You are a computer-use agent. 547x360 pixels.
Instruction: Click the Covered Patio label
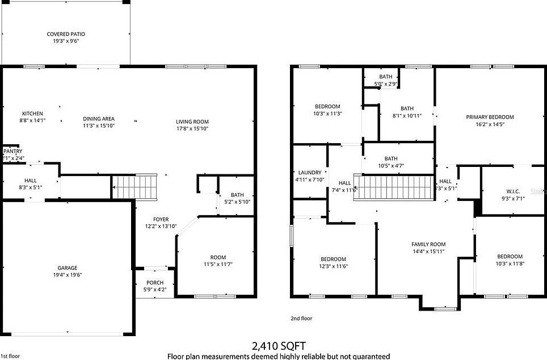point(66,34)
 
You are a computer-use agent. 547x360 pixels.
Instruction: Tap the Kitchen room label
point(32,113)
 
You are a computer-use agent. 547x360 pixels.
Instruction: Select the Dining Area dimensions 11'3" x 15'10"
point(99,125)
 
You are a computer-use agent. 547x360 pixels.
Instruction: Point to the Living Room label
point(192,122)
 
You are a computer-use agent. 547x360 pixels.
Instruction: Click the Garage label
point(67,268)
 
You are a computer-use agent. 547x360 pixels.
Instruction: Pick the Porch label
point(154,283)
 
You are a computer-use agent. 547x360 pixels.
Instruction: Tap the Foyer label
point(161,219)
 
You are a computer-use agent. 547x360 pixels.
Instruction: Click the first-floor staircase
point(134,187)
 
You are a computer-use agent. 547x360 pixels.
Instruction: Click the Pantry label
point(12,152)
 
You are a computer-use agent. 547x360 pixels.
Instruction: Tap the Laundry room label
point(310,173)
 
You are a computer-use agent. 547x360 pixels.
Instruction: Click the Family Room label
point(428,244)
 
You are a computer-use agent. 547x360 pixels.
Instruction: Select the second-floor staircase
point(397,187)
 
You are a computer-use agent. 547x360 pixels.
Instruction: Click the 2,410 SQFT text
point(278,345)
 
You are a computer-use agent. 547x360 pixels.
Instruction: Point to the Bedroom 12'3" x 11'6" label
point(333,259)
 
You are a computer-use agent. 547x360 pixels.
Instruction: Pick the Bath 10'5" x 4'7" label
point(390,158)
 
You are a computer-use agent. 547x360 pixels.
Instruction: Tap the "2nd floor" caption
point(301,319)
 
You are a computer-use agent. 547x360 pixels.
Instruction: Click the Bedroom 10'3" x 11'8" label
point(510,257)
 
